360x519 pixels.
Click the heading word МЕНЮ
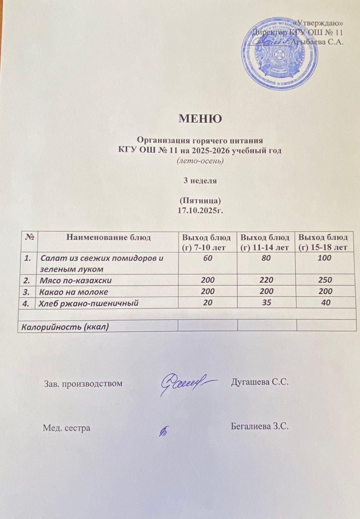tap(200, 119)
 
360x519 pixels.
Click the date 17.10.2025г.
tap(200, 211)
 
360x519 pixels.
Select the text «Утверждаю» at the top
tap(318, 23)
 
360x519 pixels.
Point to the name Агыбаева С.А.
tap(317, 42)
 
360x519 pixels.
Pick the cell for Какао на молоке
tap(74, 292)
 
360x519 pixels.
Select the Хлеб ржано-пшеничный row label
tap(89, 303)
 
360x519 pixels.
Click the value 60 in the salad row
tap(208, 258)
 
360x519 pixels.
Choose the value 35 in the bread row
tap(266, 303)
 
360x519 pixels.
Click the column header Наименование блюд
tap(108, 237)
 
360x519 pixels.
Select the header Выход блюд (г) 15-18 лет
tap(323, 242)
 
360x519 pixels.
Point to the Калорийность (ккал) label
tap(65, 327)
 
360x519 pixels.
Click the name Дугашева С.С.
tap(259, 382)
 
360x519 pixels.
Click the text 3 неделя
tap(200, 181)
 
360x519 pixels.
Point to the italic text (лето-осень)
tap(200, 161)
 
